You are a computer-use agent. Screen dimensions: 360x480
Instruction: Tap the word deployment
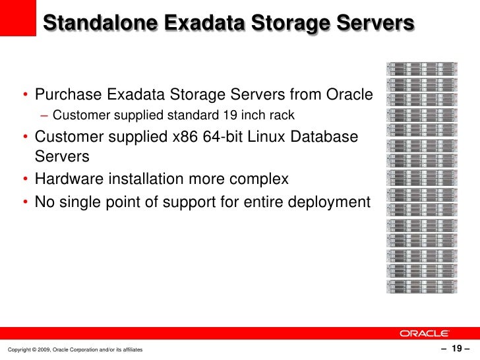point(331,200)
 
